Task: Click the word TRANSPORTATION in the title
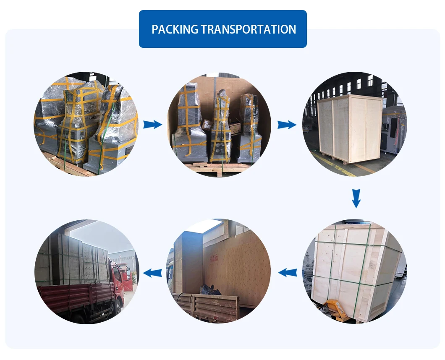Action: tap(249, 29)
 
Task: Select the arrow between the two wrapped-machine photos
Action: tap(152, 124)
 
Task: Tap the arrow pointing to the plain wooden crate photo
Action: tap(287, 124)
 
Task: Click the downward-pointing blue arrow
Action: tap(356, 198)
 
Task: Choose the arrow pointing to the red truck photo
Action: tap(153, 273)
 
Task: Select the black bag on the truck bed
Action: tap(210, 290)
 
